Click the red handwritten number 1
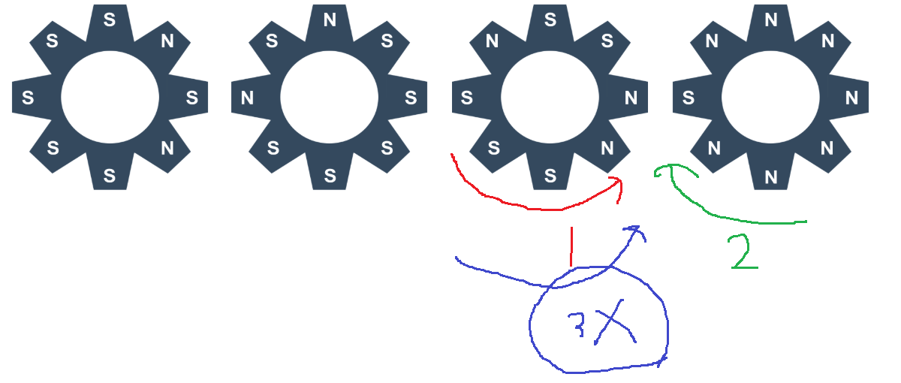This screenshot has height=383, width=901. pos(571,246)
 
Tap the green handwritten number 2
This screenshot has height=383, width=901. pos(743,252)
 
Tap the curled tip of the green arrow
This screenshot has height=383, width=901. pos(661,172)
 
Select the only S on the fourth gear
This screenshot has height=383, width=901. pos(688,98)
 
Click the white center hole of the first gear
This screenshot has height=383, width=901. pos(110,97)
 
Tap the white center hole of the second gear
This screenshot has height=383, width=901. pos(330,97)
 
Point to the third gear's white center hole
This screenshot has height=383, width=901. pos(550,97)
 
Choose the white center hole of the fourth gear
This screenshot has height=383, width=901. pos(770,97)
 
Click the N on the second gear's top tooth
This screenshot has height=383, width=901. pos(330,20)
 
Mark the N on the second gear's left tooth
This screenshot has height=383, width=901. pos(247,98)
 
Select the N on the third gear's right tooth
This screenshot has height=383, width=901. pos(631,98)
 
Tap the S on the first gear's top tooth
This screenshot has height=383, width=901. pos(110,20)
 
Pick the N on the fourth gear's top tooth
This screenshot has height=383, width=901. pos(770,20)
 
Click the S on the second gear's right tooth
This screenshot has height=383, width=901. pos(411,98)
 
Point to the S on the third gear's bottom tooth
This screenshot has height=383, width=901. pos(550,176)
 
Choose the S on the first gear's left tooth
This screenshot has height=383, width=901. pos(28,98)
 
